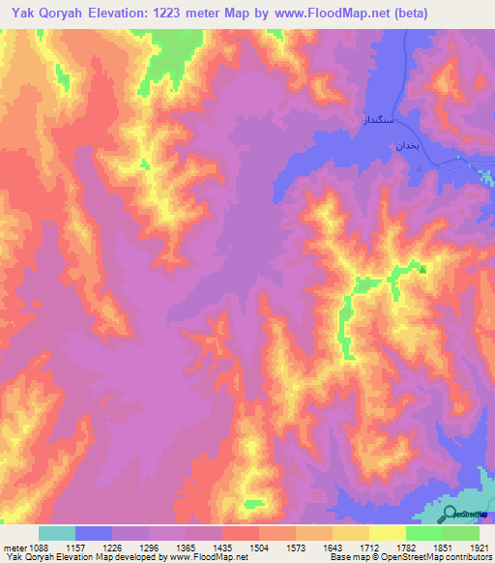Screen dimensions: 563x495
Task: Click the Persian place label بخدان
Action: point(402,144)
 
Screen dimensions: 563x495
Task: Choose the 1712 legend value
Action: point(351,547)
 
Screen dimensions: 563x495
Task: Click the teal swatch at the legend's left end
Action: point(57,533)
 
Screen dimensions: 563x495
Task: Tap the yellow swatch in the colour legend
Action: point(387,533)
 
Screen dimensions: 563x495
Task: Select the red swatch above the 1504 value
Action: point(240,533)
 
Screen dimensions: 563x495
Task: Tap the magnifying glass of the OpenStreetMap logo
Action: point(451,514)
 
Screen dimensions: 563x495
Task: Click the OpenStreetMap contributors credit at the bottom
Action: point(433,557)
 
